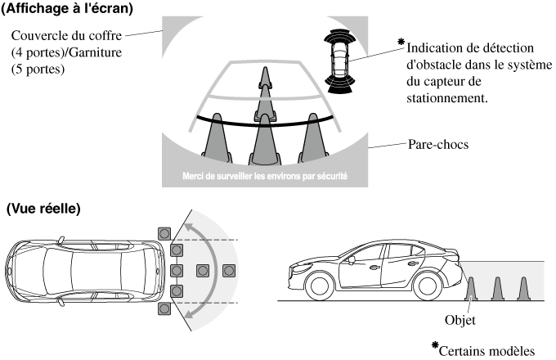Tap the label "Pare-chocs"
437,148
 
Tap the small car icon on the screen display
339,57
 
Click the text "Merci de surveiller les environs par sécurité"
266,176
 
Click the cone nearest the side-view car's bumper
470,288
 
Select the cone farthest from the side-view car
523,288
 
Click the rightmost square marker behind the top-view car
230,270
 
